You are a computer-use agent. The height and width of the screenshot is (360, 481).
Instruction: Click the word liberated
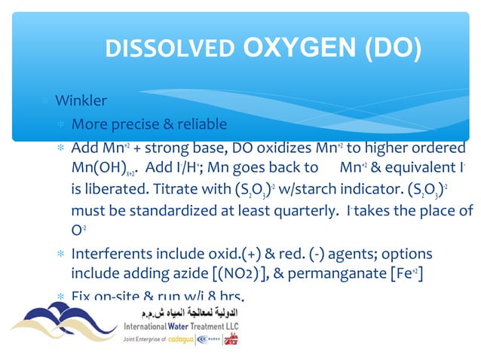(x=115, y=188)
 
